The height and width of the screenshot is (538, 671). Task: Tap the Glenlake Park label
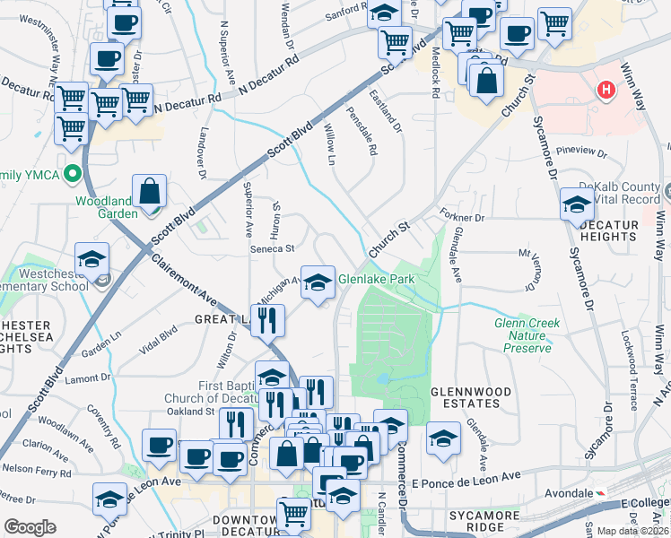click(x=376, y=279)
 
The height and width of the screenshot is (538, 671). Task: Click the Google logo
click(x=30, y=527)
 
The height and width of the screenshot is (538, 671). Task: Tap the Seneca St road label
click(x=272, y=248)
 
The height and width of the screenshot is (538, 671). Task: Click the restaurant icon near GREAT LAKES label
click(x=267, y=319)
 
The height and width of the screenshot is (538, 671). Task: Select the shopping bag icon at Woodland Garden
click(x=150, y=191)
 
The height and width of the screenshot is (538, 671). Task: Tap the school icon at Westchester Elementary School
click(x=91, y=260)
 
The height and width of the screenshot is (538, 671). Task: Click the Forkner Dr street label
click(x=463, y=217)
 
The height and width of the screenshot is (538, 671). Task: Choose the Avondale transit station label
click(x=571, y=494)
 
